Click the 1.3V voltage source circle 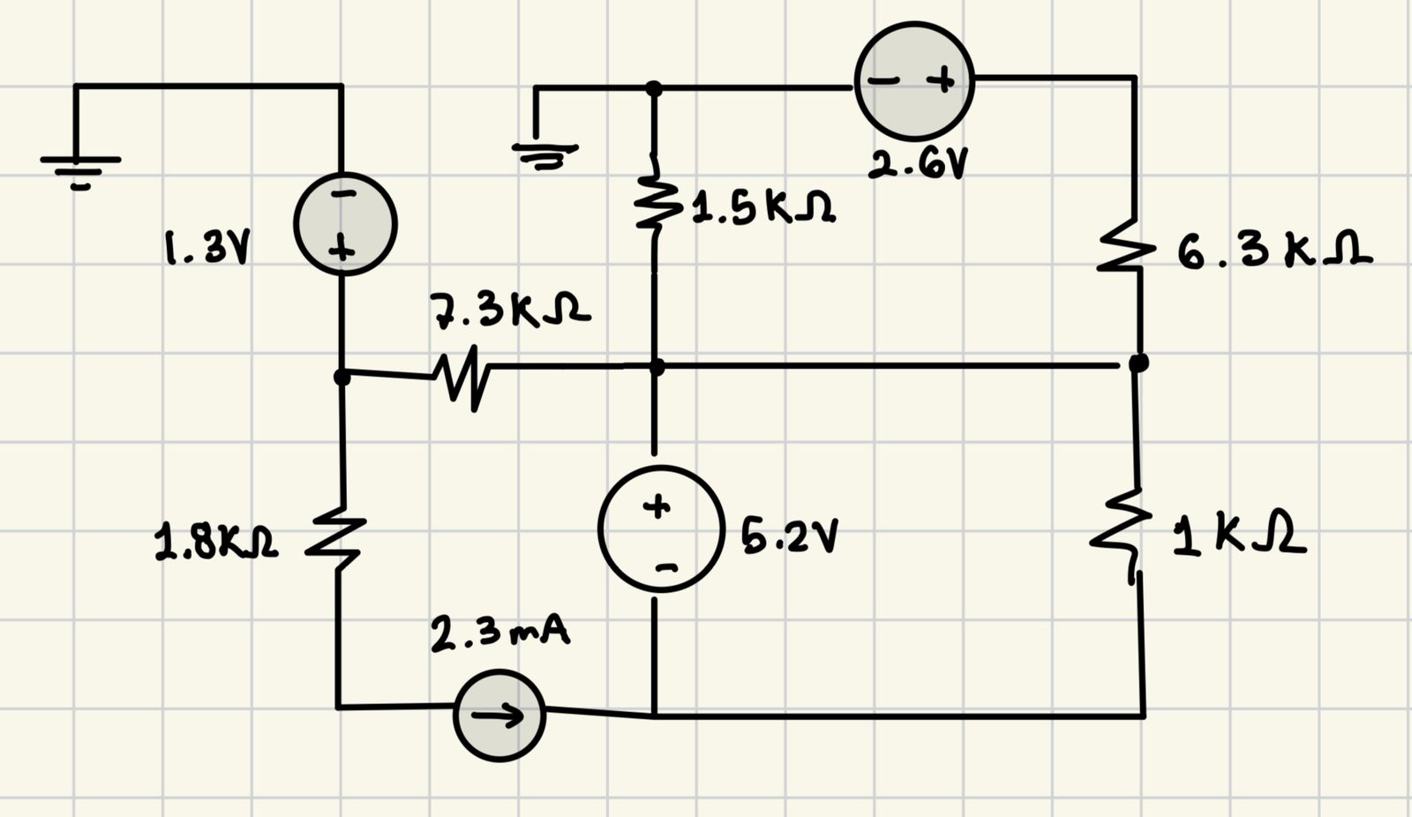point(345,224)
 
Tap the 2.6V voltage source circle point(914,80)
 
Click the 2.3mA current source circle point(499,716)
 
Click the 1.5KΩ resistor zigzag point(654,202)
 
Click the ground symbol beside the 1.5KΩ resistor point(545,155)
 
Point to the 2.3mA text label point(499,634)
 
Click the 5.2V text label point(788,536)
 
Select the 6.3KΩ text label point(1273,252)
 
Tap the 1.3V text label point(207,248)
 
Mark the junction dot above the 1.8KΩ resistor point(342,377)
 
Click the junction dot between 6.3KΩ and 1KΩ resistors point(1138,362)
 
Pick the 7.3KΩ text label point(510,311)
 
